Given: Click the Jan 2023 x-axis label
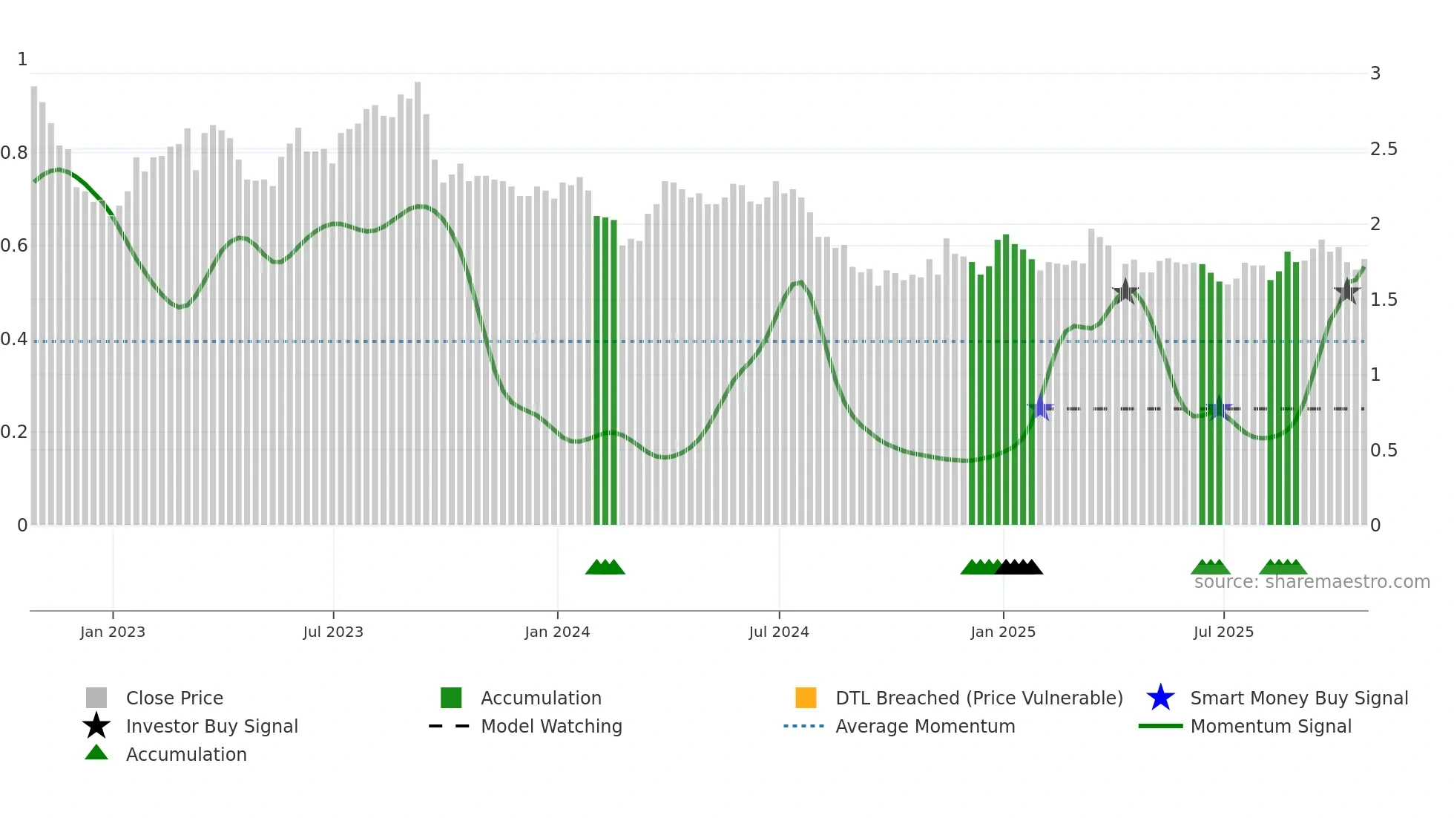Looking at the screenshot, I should point(113,632).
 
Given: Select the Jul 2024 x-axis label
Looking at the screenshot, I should point(778,632).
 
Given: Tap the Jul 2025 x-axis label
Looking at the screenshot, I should point(1223,632).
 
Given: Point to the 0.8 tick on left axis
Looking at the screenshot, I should point(14,153).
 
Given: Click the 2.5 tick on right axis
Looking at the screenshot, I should point(1384,149).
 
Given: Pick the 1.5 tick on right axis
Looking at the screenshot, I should point(1384,300).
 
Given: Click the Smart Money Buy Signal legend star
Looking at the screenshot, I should point(1160,698).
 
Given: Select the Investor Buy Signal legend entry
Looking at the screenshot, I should point(211,726).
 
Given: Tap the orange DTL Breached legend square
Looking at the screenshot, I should point(806,698).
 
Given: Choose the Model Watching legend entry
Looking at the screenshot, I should point(550,726).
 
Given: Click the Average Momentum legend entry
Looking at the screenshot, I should point(924,726).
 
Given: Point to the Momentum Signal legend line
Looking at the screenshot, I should point(1160,726).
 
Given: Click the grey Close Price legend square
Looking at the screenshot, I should point(96,698).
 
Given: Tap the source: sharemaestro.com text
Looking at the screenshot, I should point(1312,582).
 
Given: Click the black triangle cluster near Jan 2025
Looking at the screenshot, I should point(1019,568).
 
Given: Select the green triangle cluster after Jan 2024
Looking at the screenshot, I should point(605,568).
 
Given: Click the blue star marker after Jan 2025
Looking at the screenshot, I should point(1041,408).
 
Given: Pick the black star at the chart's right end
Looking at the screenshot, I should point(1346,291).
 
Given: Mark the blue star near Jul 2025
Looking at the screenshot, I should point(1218,408).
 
